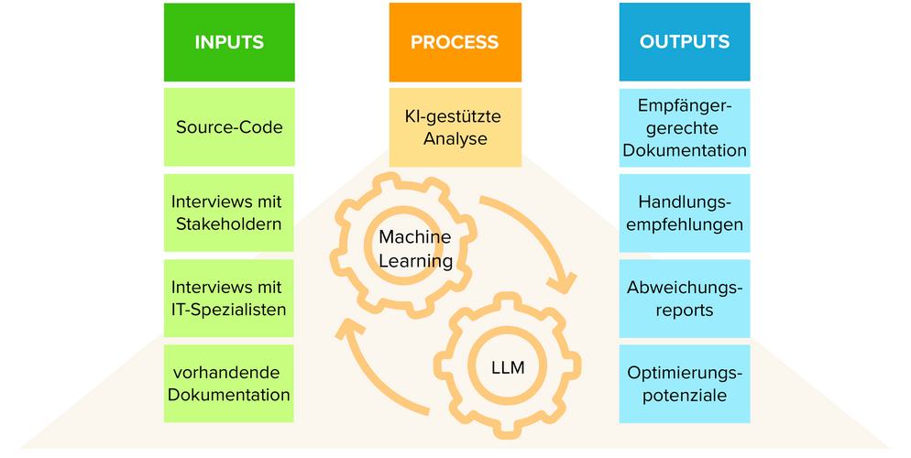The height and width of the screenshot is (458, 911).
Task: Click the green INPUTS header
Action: pyautogui.click(x=229, y=42)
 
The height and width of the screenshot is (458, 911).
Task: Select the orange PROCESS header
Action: pyautogui.click(x=455, y=42)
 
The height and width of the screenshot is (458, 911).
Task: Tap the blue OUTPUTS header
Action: pyautogui.click(x=685, y=42)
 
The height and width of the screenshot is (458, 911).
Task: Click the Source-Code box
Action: pyautogui.click(x=229, y=127)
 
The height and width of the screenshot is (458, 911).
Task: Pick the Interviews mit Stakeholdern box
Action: pyautogui.click(x=229, y=213)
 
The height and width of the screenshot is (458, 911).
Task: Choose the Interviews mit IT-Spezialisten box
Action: pyautogui.click(x=229, y=298)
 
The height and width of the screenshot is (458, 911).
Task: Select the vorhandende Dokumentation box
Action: pyautogui.click(x=229, y=384)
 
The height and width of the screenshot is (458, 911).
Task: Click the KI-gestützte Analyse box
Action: pyautogui.click(x=455, y=127)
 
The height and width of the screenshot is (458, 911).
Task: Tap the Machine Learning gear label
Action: pyautogui.click(x=415, y=249)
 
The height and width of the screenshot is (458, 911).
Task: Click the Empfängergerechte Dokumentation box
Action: pyautogui.click(x=685, y=127)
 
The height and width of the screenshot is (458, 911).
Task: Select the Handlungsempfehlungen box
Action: pyautogui.click(x=685, y=213)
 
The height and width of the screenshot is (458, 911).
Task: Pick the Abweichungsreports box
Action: pyautogui.click(x=685, y=298)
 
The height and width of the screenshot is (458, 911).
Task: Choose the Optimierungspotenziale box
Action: pyautogui.click(x=685, y=384)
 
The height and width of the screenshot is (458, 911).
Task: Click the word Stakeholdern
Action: pyautogui.click(x=229, y=224)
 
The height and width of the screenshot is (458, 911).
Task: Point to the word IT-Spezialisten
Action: pyautogui.click(x=229, y=310)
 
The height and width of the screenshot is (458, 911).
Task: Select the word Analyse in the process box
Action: pyautogui.click(x=455, y=139)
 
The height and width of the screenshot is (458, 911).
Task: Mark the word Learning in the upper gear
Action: pyautogui.click(x=415, y=261)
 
